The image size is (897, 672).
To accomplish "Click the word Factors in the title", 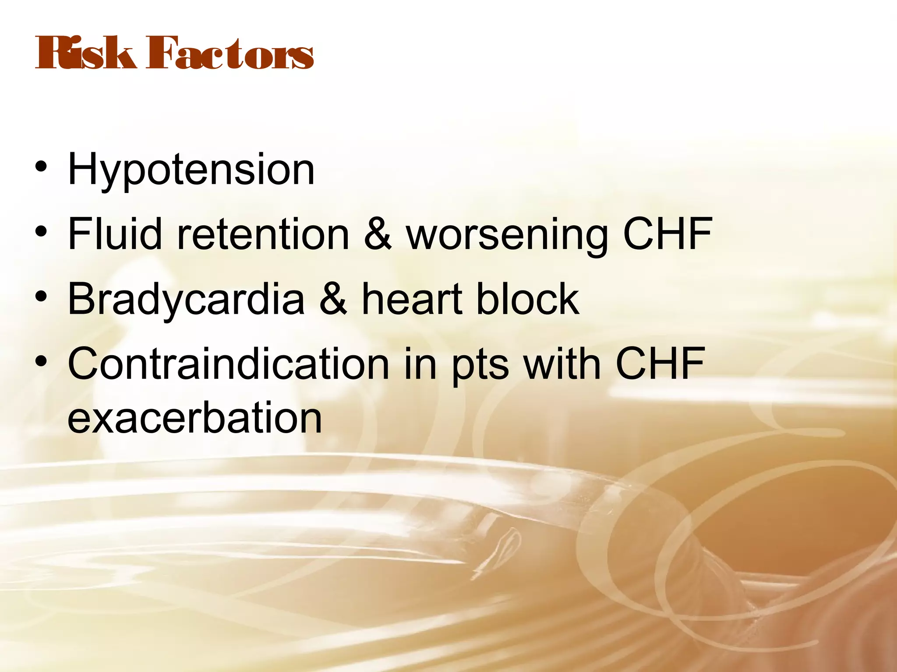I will pyautogui.click(x=230, y=54).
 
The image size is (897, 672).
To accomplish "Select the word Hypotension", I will pyautogui.click(x=191, y=171).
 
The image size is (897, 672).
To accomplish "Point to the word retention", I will pyautogui.click(x=263, y=234).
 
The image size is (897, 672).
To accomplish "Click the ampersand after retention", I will pyautogui.click(x=378, y=234).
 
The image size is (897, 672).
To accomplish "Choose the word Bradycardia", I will pyautogui.click(x=186, y=300).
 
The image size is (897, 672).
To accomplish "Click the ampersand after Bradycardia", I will pyautogui.click(x=333, y=299).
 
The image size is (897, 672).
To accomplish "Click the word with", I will pyautogui.click(x=562, y=364).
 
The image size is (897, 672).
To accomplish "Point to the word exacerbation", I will pyautogui.click(x=195, y=418).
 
